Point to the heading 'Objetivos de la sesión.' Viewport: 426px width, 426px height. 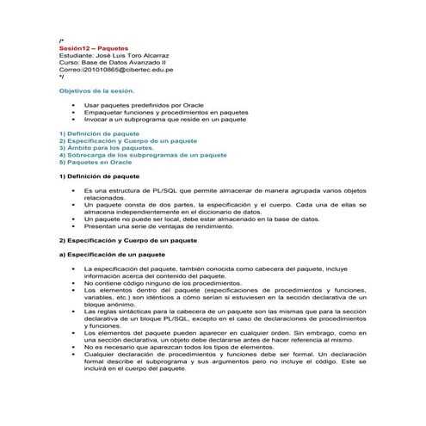(x=96, y=90)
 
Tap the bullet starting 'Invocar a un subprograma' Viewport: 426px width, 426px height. (x=165, y=119)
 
